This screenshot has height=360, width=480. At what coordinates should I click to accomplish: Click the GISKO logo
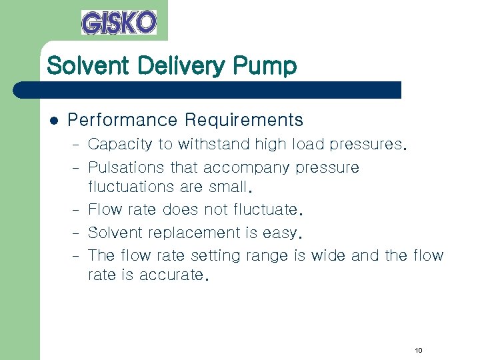119,22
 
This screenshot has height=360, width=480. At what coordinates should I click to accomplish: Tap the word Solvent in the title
83,66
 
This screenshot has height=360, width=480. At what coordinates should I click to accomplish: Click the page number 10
418,351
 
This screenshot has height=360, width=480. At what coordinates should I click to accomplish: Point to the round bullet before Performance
54,121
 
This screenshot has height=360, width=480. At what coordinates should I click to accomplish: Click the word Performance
123,121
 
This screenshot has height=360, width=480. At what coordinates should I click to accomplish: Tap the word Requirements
244,121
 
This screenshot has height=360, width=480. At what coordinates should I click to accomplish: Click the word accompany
245,168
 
